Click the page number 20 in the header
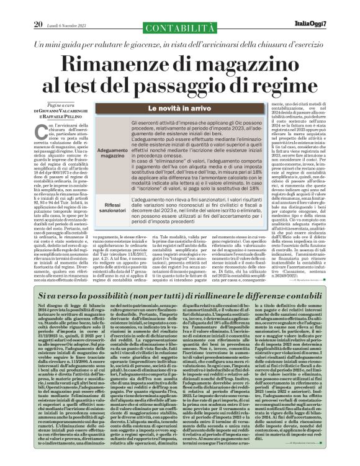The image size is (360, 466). [38, 7]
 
